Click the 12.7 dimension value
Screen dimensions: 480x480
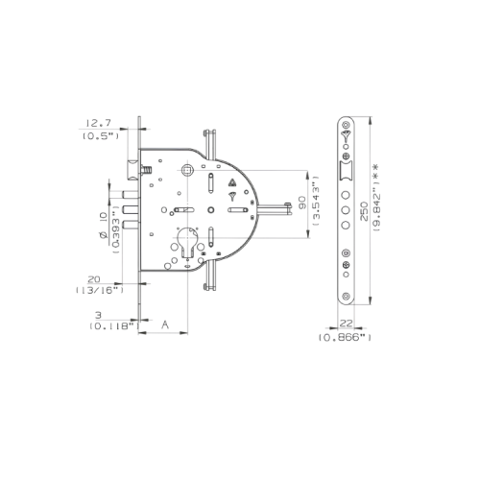click(x=98, y=123)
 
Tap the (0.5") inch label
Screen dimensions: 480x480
click(x=101, y=136)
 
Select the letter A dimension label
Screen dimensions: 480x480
click(x=165, y=324)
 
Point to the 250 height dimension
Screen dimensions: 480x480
click(x=364, y=211)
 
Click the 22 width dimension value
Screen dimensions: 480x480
click(x=346, y=324)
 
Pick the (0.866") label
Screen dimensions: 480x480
click(x=345, y=338)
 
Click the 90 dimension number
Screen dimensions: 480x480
click(x=302, y=203)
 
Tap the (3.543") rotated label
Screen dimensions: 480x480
click(x=317, y=201)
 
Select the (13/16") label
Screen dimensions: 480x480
click(x=100, y=290)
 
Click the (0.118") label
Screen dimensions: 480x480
click(x=114, y=326)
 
